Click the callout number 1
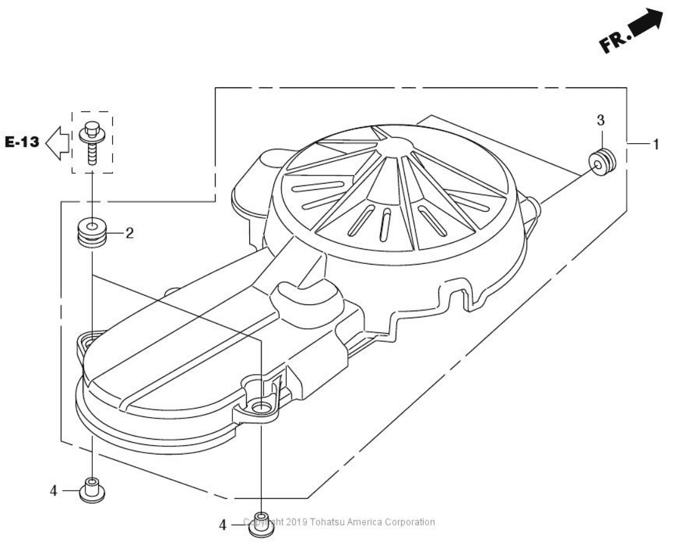(x=655, y=144)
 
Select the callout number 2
(x=130, y=233)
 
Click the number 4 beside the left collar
(x=54, y=491)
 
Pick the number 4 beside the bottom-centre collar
(x=222, y=526)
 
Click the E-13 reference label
(x=21, y=143)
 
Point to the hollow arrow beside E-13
(x=58, y=143)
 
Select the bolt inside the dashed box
(x=92, y=141)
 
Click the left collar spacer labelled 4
(x=92, y=491)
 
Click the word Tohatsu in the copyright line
(x=321, y=522)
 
